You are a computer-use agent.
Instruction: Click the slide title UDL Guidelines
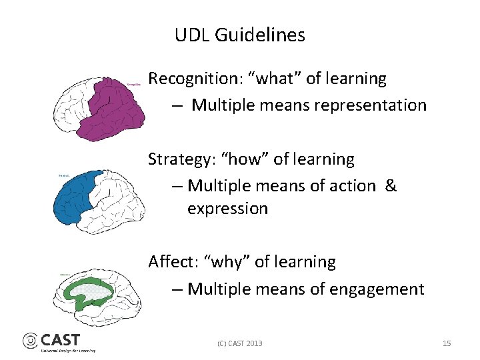[x=239, y=35]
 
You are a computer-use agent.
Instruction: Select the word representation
[x=375, y=105]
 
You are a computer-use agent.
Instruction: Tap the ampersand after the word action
[x=391, y=186]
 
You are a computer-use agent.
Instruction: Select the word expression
[x=227, y=209]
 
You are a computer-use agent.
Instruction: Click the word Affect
[x=171, y=262]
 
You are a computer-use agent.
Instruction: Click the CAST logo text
[x=60, y=340]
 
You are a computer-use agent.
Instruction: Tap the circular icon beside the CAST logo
[x=31, y=341]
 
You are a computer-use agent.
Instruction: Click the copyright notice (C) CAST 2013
[x=239, y=343]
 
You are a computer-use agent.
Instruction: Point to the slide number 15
[x=447, y=343]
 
